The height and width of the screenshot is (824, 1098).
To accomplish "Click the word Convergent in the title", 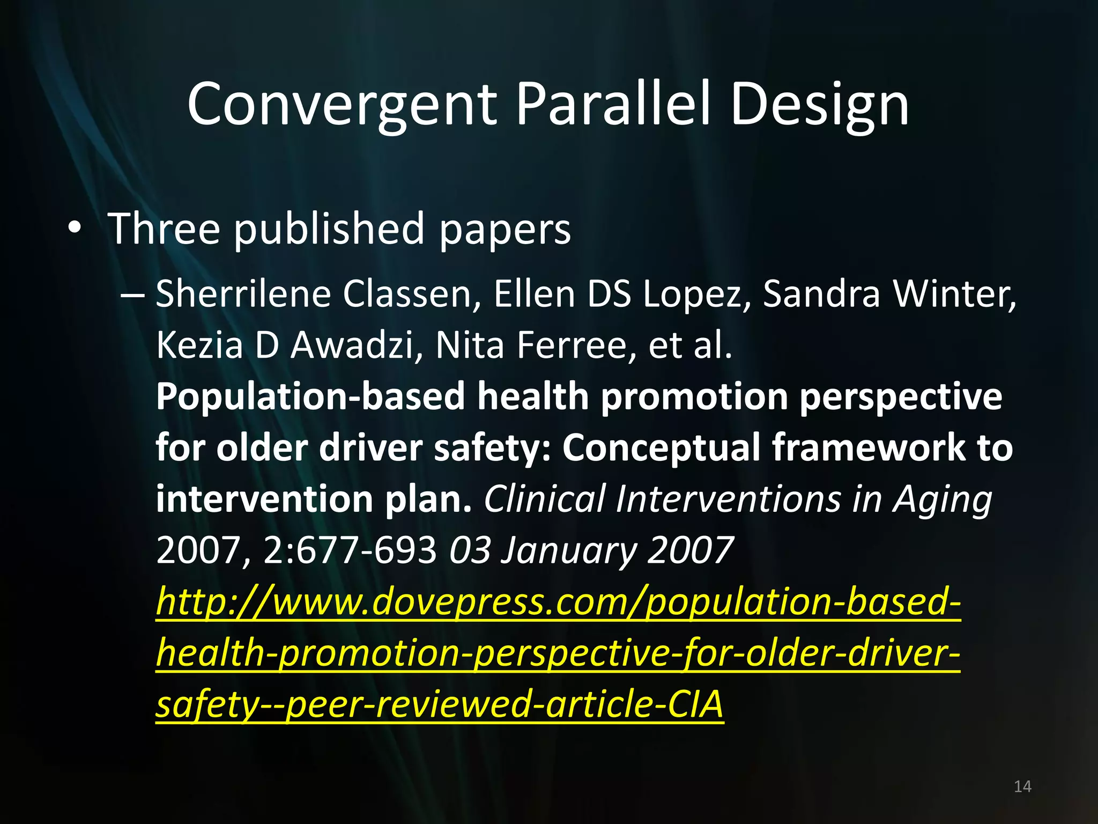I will (x=342, y=105).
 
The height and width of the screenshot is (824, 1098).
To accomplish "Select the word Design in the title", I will (x=820, y=105).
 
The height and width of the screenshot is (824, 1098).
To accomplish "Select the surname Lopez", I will (x=697, y=295).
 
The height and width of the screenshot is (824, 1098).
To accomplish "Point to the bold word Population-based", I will (x=311, y=396).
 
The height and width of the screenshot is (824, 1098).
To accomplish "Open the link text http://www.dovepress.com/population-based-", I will (x=558, y=602).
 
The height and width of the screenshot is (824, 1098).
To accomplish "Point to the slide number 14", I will (x=1022, y=786).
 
